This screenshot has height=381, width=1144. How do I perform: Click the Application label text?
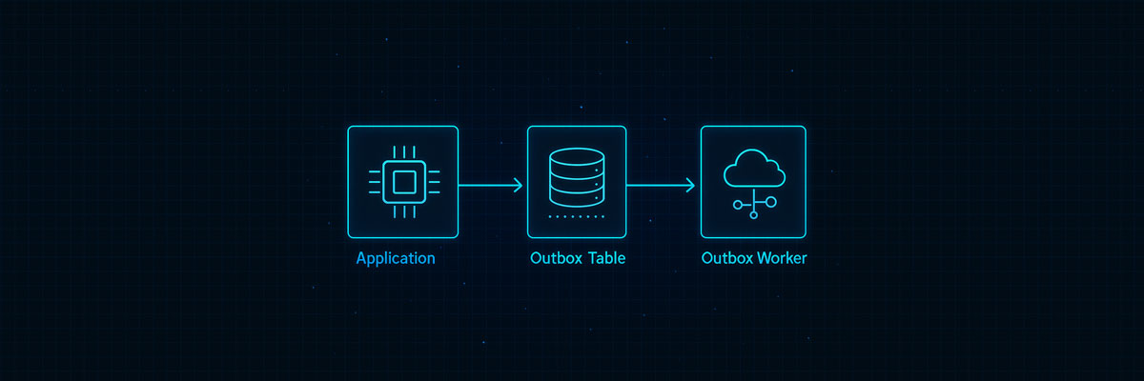(x=395, y=258)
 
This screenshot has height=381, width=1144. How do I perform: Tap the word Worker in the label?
(x=781, y=258)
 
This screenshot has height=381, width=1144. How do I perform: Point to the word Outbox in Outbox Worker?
(x=726, y=258)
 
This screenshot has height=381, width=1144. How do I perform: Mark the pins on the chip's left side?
(x=375, y=181)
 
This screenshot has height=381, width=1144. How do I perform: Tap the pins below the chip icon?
(x=403, y=209)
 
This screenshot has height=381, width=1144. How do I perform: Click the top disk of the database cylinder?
(x=577, y=158)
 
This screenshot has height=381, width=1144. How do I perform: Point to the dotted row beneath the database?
(x=577, y=217)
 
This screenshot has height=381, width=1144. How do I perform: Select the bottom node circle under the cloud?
(x=753, y=215)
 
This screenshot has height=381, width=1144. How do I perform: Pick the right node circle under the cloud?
(x=771, y=202)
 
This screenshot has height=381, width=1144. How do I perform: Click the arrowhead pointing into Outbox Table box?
(x=518, y=186)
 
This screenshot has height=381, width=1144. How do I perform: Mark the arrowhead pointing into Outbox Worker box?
(x=690, y=186)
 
